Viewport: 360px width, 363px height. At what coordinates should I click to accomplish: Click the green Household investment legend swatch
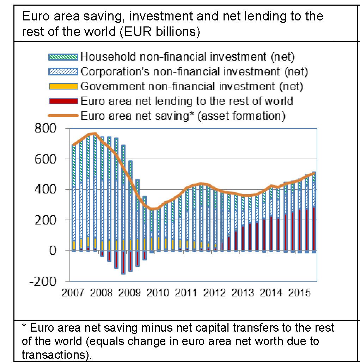[x=62, y=56]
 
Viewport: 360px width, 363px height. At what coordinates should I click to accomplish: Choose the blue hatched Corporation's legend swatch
[x=62, y=72]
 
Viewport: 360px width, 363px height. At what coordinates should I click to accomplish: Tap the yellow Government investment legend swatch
[x=62, y=86]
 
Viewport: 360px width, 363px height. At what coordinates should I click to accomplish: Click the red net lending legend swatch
[x=62, y=101]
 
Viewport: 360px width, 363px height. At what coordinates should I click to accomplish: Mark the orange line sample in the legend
[x=62, y=116]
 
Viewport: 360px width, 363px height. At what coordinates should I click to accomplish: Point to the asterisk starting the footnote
[x=24, y=327]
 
